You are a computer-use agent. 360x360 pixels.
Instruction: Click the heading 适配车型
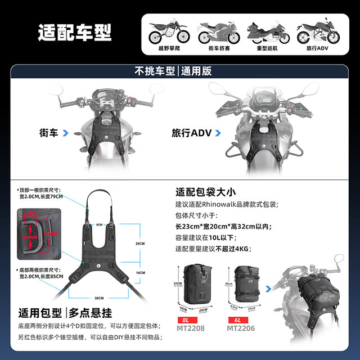pyautogui.click(x=75, y=33)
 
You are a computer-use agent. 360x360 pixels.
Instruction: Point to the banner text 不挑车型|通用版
pyautogui.click(x=179, y=71)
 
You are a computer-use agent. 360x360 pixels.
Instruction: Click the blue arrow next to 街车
pyautogui.click(x=66, y=133)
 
